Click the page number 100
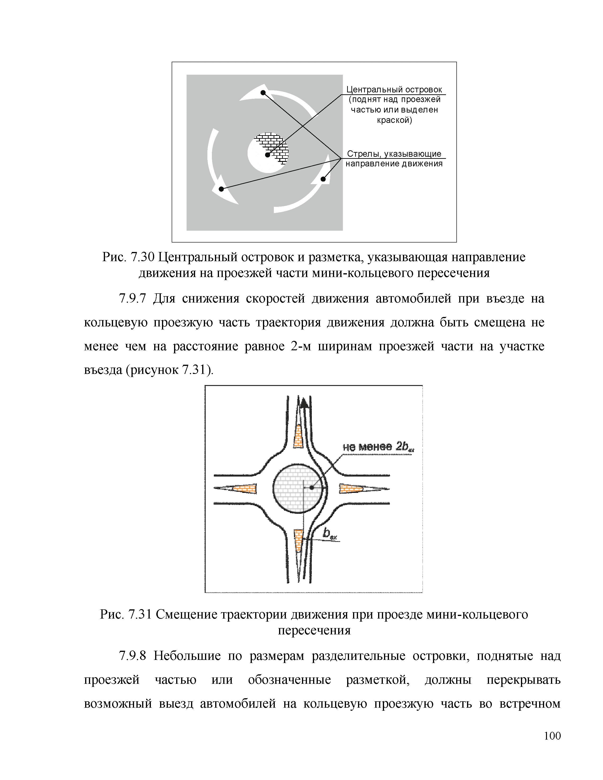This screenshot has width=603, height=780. pos(552,736)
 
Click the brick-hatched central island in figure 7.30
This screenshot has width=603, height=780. pos(273,147)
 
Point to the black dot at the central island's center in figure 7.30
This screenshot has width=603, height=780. pos(267,155)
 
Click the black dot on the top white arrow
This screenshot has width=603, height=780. pos(263,93)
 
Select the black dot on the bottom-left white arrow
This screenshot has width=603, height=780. pos(221,189)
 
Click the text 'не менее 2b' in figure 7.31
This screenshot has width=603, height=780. pos(377,447)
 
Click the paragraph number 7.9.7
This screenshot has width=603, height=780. pos(132,298)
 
